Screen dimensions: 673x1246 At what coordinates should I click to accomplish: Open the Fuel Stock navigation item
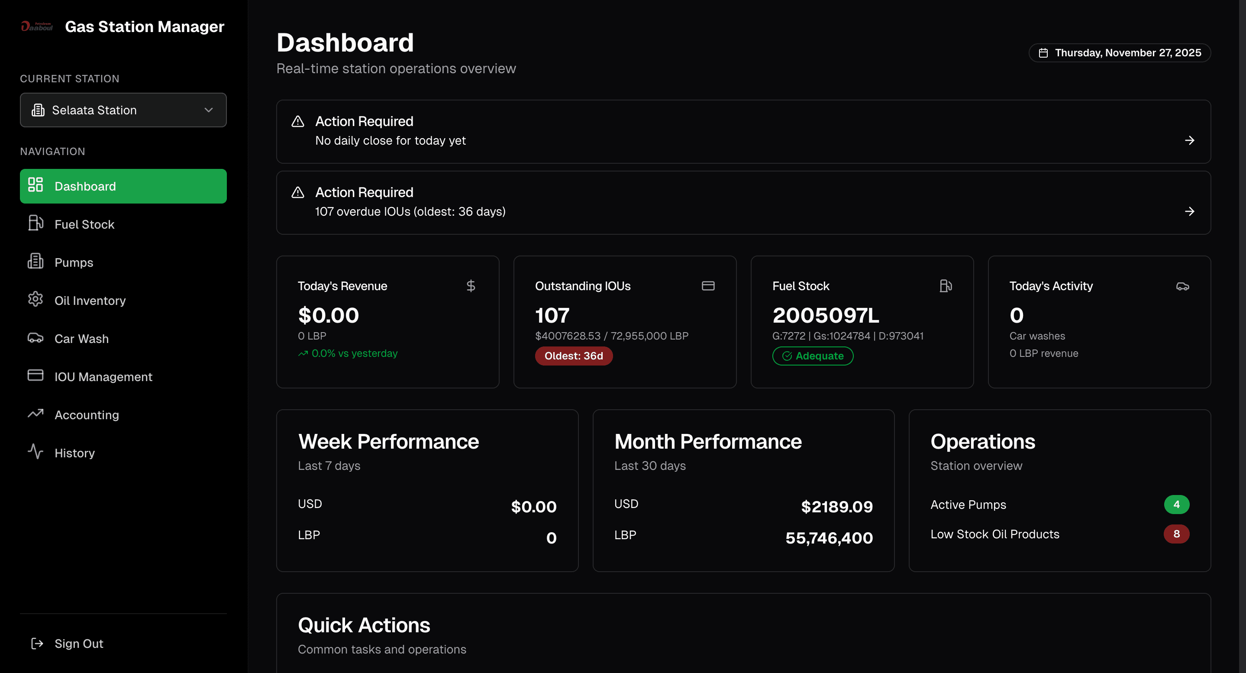[84, 224]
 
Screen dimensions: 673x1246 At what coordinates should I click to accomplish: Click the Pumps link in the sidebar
[74, 262]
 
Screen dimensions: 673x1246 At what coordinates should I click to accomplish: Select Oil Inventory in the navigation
[90, 301]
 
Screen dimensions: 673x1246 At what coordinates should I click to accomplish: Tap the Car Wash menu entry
[81, 339]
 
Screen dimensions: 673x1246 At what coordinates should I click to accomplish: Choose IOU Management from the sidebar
[103, 376]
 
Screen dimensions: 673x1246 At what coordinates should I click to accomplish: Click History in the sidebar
[74, 453]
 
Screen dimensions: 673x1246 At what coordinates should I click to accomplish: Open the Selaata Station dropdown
[123, 110]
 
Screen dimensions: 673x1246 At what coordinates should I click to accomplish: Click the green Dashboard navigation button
[123, 186]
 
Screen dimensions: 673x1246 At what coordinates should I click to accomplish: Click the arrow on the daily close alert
[1189, 140]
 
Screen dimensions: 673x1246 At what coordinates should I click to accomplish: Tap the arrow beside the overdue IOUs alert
[1189, 211]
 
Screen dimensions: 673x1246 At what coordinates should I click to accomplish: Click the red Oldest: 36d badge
[573, 356]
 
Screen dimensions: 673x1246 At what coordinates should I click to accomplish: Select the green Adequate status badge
[813, 356]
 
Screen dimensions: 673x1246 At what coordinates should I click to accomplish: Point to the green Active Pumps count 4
[1176, 505]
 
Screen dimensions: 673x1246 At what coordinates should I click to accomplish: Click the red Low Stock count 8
[1176, 534]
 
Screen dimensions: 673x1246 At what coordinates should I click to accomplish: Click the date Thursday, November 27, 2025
[1119, 53]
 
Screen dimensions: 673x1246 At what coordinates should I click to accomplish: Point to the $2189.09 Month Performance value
[837, 507]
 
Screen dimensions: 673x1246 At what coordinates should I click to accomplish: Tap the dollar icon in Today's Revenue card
[471, 286]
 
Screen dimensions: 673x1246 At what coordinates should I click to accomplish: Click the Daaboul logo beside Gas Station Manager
[37, 26]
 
